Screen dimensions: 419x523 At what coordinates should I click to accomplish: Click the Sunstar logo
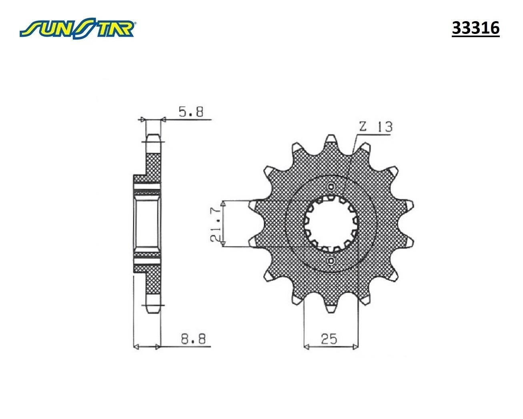pyautogui.click(x=78, y=29)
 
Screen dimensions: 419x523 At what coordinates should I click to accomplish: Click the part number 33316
pyautogui.click(x=475, y=28)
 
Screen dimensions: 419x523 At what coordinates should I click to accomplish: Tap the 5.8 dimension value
pyautogui.click(x=191, y=112)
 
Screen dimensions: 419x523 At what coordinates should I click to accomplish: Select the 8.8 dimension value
pyautogui.click(x=193, y=340)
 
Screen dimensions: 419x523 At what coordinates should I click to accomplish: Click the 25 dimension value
pyautogui.click(x=329, y=339)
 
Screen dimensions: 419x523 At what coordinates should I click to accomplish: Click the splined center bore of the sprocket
pyautogui.click(x=331, y=223)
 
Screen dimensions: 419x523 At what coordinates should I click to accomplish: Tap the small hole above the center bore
pyautogui.click(x=331, y=187)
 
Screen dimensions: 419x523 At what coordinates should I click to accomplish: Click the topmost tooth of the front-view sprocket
pyautogui.click(x=331, y=140)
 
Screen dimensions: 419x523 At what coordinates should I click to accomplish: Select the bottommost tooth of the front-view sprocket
pyautogui.click(x=331, y=308)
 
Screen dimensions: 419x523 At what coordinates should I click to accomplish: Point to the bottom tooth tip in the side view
pyautogui.click(x=153, y=309)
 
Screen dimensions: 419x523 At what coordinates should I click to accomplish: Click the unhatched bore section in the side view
pyautogui.click(x=146, y=224)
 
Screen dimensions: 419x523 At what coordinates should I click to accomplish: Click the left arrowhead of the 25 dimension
pyautogui.click(x=307, y=347)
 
